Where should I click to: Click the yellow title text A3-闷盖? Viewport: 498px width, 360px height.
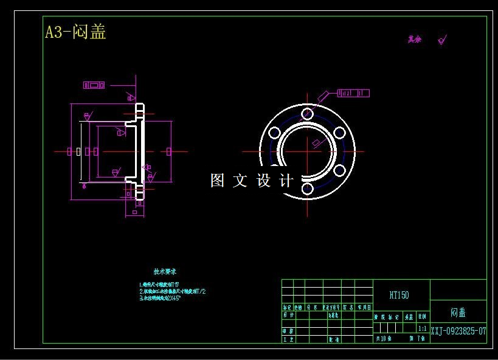76,32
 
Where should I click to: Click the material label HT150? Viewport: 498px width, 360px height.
399,295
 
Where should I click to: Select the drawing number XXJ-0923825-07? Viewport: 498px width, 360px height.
458,331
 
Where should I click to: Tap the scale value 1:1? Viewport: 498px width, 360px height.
422,328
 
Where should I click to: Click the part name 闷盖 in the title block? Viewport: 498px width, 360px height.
458,312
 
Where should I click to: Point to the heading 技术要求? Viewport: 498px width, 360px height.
165,271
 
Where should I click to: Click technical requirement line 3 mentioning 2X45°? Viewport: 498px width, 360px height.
160,299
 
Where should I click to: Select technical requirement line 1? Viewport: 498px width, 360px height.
159,284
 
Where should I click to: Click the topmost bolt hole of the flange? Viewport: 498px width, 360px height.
308,114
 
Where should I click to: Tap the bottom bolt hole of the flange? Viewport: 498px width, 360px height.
308,189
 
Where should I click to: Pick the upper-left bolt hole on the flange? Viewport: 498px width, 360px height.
275,133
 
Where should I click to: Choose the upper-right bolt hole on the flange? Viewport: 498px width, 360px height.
340,133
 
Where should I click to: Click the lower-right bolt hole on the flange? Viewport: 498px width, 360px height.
340,170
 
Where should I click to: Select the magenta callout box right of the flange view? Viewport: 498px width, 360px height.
353,93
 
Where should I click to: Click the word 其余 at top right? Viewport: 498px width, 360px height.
415,40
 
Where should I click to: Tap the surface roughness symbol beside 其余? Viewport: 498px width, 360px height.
442,40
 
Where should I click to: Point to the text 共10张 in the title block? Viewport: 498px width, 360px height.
384,338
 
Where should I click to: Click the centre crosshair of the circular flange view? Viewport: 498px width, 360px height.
308,151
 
